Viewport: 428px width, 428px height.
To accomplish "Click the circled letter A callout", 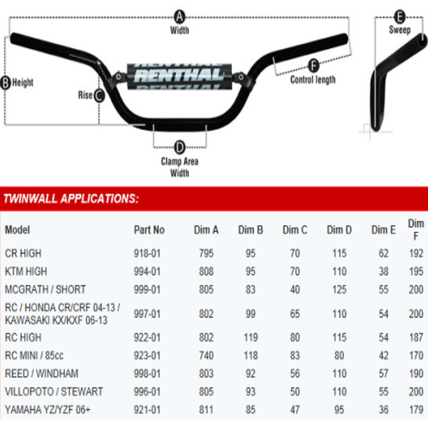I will coord(179,17).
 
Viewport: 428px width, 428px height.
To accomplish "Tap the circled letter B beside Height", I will coord(6,82).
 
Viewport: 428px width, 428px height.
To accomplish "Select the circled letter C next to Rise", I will coord(99,95).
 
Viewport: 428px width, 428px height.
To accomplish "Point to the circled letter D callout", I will coord(179,147).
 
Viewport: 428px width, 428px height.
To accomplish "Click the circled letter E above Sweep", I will coord(400,17).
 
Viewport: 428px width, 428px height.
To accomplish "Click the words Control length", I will coord(313,79).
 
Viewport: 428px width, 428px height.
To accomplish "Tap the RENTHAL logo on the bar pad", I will coord(179,76).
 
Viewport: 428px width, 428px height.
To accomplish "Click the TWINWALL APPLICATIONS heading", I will coord(71,199).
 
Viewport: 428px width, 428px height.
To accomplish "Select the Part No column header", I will coord(149,230).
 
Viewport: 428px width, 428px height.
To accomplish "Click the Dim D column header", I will coord(339,230).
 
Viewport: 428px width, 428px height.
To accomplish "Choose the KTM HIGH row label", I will coord(26,271).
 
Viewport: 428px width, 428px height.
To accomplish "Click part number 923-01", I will coord(147,355).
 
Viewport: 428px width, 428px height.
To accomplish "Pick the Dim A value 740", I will coord(206,355).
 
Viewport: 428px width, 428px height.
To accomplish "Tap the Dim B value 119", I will coord(250,337).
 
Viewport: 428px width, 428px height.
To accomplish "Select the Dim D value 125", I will coord(339,289).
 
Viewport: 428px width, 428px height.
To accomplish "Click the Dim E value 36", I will coord(384,410).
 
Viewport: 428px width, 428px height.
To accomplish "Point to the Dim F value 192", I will coord(416,253).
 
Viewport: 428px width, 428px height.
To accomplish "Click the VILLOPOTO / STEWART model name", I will coord(54,392).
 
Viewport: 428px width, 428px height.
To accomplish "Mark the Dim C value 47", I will coord(295,410).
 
